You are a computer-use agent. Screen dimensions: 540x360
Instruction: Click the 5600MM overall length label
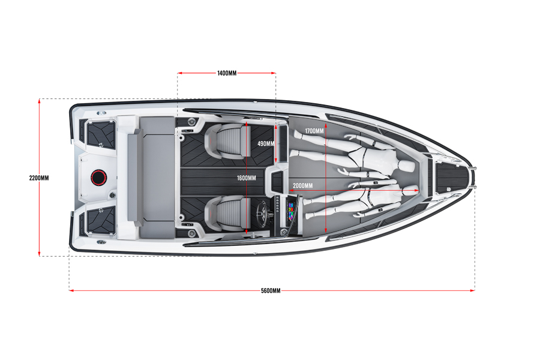(x=271, y=291)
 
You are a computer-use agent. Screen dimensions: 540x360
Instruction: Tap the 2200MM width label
(x=39, y=178)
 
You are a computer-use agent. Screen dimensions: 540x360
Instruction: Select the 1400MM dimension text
(x=227, y=73)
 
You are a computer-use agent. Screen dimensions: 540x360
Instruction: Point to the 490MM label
(x=266, y=143)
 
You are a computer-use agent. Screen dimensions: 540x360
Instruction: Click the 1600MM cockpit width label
(x=246, y=178)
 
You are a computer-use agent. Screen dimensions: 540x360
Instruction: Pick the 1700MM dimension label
(x=314, y=131)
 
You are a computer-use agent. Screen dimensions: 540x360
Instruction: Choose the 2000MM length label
(x=303, y=185)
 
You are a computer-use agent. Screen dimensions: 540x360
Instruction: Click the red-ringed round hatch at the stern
(x=99, y=178)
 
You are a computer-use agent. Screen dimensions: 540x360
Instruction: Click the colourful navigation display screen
(x=292, y=211)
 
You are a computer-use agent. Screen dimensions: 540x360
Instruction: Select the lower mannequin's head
(x=410, y=189)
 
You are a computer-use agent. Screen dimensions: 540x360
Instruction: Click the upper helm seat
(x=224, y=140)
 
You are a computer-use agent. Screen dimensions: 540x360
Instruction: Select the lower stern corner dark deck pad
(x=100, y=220)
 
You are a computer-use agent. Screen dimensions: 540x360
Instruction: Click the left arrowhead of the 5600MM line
(x=71, y=291)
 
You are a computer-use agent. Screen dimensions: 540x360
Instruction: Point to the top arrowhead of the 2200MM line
(x=39, y=101)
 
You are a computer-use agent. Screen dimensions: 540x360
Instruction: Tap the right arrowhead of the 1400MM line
(x=273, y=73)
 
